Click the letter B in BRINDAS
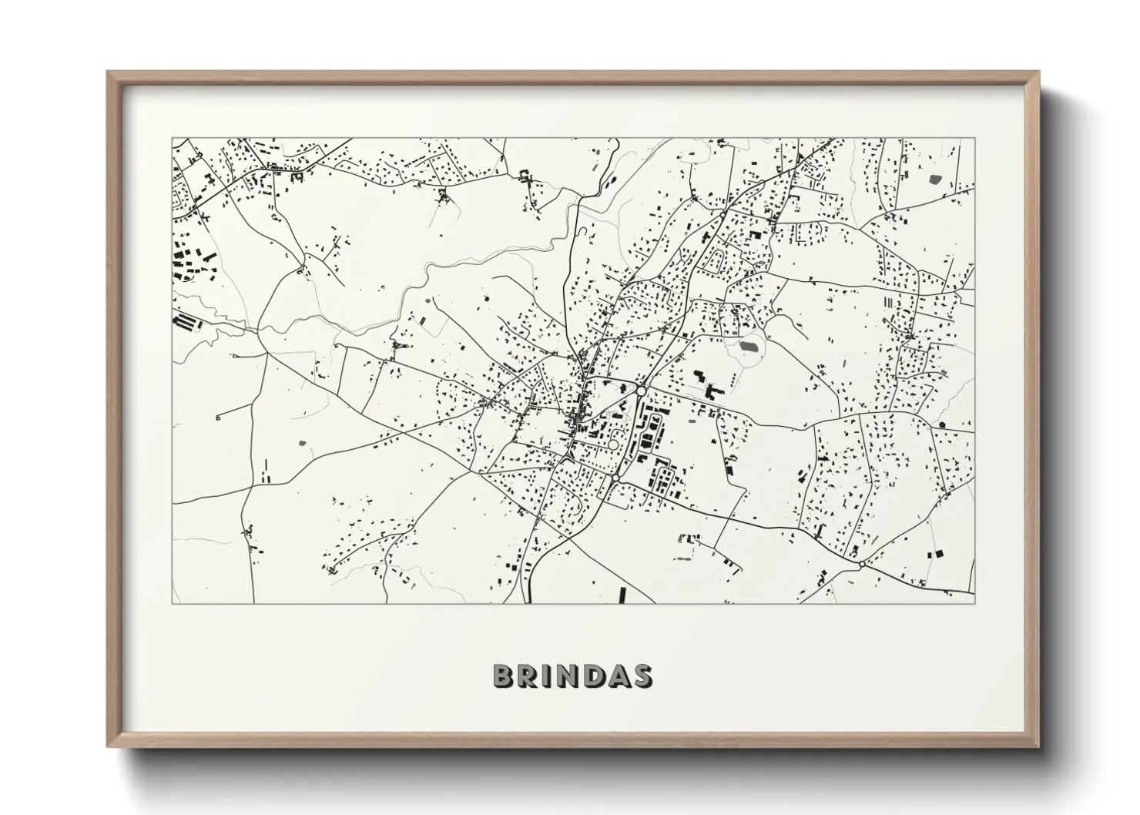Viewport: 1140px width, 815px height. pos(505,676)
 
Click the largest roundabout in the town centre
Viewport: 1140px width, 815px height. pos(641,391)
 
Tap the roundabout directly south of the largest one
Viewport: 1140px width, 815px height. pos(615,479)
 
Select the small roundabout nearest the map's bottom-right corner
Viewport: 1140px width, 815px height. pos(861,564)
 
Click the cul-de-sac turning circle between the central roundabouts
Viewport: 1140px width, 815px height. pos(613,444)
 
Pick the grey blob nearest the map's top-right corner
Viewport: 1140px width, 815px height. pos(935,179)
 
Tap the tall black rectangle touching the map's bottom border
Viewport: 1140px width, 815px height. pos(622,595)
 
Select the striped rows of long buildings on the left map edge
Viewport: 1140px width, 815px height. pos(185,321)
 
